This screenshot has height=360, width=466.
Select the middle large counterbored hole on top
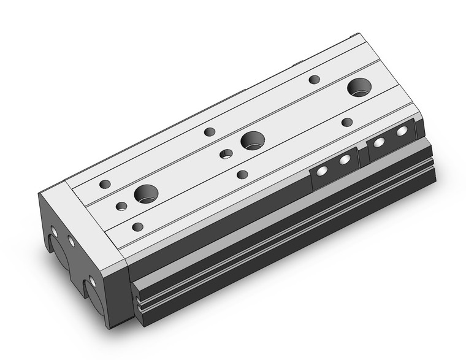click(252, 140)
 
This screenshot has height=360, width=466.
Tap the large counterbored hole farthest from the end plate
click(359, 88)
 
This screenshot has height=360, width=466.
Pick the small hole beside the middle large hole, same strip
click(227, 153)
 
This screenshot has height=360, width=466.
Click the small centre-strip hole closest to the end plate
click(121, 205)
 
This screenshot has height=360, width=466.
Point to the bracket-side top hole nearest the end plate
click(138, 227)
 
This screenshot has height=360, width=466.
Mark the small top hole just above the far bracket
click(347, 122)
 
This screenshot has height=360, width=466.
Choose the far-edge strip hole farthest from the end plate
click(315, 79)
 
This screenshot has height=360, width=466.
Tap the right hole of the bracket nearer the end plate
click(345, 160)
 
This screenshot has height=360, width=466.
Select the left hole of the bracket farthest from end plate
click(379, 142)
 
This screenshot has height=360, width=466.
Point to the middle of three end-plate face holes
click(71, 241)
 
